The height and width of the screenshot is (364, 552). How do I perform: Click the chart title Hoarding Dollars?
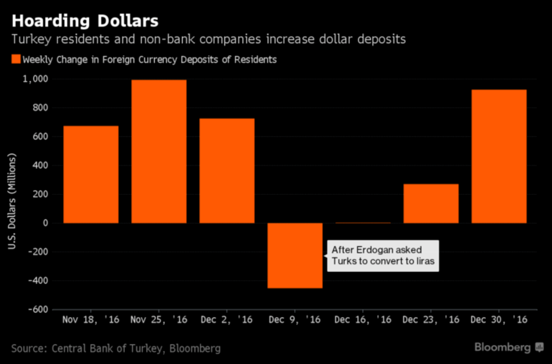pos(84,21)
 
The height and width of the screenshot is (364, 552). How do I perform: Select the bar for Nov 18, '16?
pos(91,174)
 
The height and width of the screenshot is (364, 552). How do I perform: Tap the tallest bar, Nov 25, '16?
pos(159,151)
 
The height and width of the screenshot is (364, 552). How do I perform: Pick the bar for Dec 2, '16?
pos(227,170)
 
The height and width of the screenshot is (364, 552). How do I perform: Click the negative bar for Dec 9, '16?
pos(295,255)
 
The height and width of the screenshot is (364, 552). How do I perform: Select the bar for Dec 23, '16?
pos(431,203)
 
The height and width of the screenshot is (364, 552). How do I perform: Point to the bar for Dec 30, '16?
pos(499,156)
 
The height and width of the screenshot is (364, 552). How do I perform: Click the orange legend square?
pos(16,59)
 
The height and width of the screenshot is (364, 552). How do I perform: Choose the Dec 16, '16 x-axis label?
pos(363,320)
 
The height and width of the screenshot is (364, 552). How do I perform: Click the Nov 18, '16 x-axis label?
pos(91,320)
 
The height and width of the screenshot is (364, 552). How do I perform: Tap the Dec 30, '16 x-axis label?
pos(499,320)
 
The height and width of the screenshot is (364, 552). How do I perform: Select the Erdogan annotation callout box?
pos(383,256)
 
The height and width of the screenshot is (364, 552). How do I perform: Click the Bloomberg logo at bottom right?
pos(508,347)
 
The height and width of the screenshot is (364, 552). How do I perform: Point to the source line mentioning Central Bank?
pos(116,348)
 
